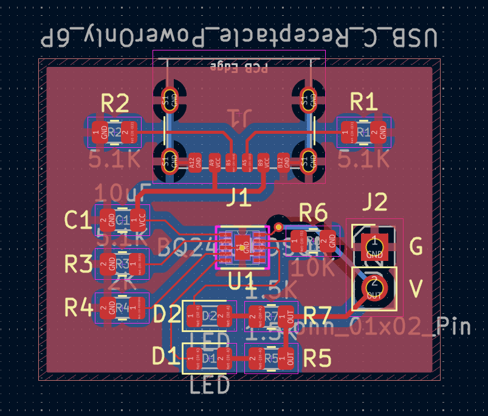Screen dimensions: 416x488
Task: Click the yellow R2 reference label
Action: coord(114,105)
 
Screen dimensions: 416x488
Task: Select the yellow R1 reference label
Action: coord(364,103)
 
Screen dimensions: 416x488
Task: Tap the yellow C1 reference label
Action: coord(78,220)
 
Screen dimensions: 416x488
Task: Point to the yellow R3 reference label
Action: coord(78,264)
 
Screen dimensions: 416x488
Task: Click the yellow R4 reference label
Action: coord(78,308)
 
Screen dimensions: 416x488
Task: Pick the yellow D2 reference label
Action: coord(167,314)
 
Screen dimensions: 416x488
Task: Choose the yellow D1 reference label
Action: coord(167,356)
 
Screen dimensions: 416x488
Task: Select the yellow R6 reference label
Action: coord(313,213)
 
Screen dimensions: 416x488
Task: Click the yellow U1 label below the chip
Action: coord(241,282)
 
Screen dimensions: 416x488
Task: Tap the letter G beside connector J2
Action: coord(416,247)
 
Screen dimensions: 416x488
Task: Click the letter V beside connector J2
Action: coord(416,289)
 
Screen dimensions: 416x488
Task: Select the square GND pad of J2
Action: coord(374,247)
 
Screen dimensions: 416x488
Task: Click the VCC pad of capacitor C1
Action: coord(141,220)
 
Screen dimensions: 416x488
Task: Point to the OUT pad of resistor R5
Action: coord(290,358)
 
